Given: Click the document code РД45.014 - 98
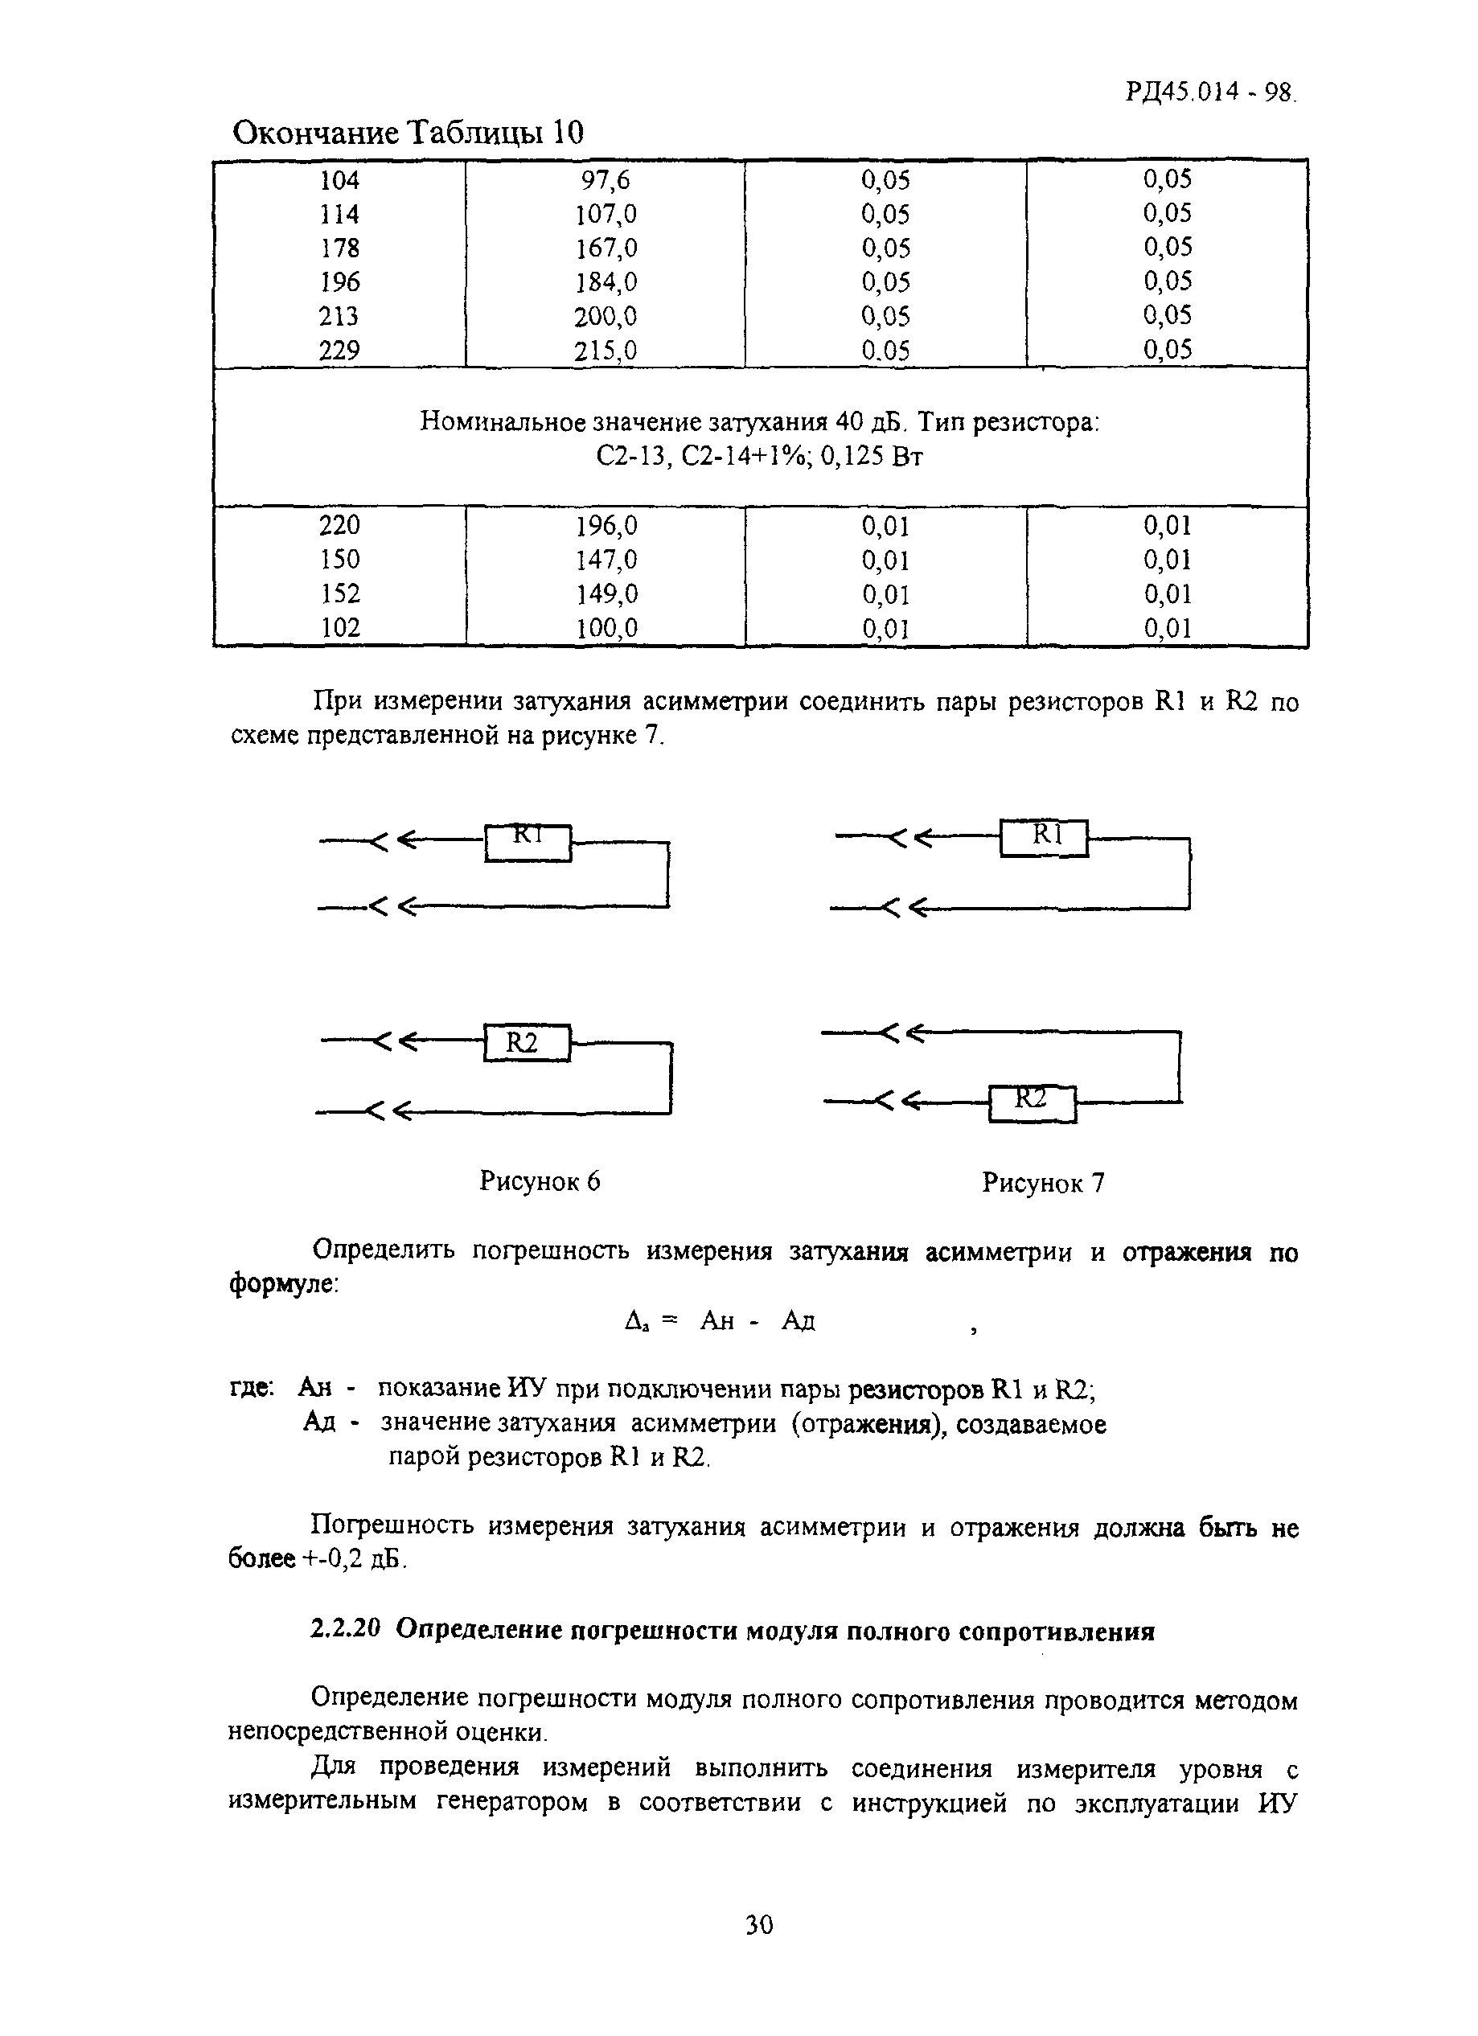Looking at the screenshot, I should coord(1209,92).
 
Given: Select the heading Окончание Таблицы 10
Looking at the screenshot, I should coord(408,133).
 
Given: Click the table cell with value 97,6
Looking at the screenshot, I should coord(606,180).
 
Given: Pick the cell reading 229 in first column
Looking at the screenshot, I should coord(339,350).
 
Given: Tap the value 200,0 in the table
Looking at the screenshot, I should coord(606,316).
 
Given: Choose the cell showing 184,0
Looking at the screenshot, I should coord(606,282).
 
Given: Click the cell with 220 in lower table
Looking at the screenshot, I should coord(339,525).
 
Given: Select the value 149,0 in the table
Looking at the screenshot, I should coord(606,593).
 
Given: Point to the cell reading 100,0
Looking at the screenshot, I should coord(606,627).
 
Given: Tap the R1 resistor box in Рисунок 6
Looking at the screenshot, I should coord(528,842).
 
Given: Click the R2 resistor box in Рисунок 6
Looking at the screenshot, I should coord(527,1042).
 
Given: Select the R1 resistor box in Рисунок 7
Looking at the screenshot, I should coord(1045,838).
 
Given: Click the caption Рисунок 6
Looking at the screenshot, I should coord(540,1180).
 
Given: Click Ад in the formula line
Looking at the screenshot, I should coord(799,1320).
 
